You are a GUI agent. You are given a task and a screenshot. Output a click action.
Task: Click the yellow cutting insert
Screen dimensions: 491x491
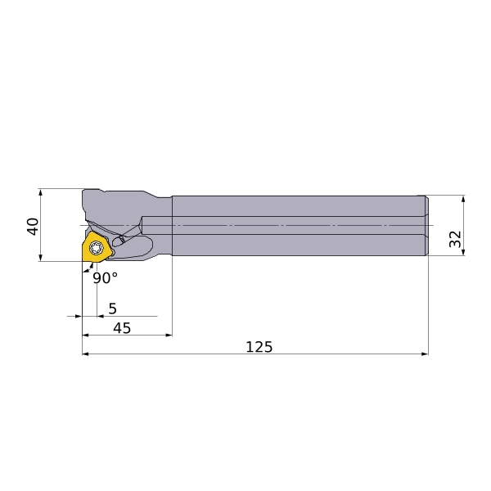[x=96, y=247]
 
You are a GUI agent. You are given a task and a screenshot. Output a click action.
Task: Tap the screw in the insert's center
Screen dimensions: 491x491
[x=96, y=248]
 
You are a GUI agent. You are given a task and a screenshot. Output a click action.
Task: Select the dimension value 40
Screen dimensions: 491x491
[x=33, y=226]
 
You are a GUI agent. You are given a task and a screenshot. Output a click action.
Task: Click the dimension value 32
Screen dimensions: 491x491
[x=455, y=239]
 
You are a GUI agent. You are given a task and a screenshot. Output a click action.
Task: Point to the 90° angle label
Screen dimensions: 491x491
[x=106, y=277]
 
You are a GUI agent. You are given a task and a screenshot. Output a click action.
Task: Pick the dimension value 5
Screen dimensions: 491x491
[x=112, y=309]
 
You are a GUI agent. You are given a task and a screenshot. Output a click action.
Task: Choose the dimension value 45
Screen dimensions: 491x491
[x=122, y=328]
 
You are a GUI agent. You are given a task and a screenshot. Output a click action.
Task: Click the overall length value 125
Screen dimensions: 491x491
[x=259, y=347]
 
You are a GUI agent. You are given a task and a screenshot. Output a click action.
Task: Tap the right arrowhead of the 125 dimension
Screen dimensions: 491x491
[x=425, y=354]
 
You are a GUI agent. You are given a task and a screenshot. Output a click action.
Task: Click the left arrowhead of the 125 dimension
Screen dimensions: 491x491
[x=85, y=354]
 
